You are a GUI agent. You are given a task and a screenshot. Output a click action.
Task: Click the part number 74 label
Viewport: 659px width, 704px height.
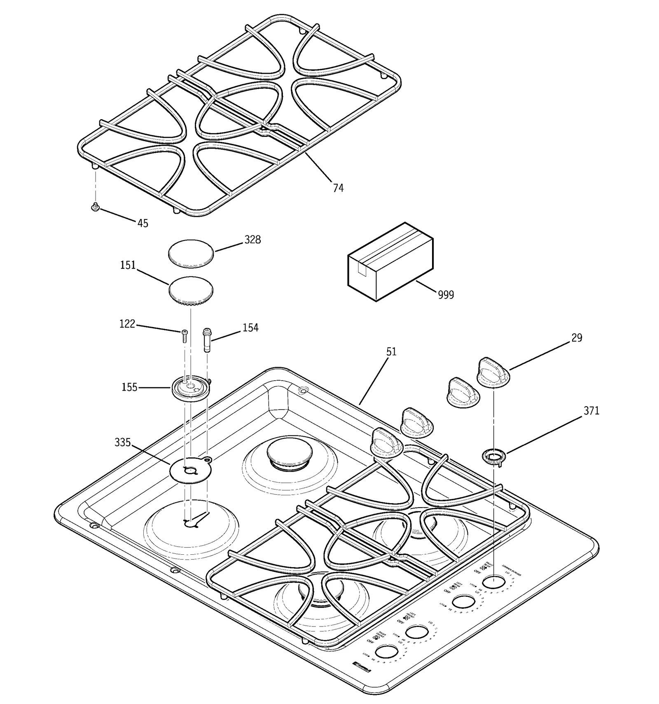tap(338, 188)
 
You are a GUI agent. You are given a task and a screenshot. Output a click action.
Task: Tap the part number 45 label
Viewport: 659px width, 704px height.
tap(143, 223)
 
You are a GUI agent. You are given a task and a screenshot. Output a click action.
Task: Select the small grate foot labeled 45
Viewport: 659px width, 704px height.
tap(96, 207)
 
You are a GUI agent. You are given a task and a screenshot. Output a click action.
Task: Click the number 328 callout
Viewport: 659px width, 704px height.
tap(252, 240)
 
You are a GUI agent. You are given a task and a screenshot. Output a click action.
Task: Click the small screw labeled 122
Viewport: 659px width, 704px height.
tap(184, 336)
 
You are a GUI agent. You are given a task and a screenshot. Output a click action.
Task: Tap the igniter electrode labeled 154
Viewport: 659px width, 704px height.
tap(207, 339)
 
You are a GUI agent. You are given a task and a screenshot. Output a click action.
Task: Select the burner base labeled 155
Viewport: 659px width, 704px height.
tap(191, 388)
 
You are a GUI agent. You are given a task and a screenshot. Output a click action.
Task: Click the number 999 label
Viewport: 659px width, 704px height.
tap(446, 295)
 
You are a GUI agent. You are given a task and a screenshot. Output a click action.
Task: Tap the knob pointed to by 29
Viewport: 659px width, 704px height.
tap(493, 372)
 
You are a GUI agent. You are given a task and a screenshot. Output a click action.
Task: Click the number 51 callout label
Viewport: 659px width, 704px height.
tap(391, 351)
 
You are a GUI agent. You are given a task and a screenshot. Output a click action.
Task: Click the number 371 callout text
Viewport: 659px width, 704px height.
tap(591, 411)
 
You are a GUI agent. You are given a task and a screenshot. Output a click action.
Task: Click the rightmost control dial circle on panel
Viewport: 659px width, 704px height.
tap(493, 582)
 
